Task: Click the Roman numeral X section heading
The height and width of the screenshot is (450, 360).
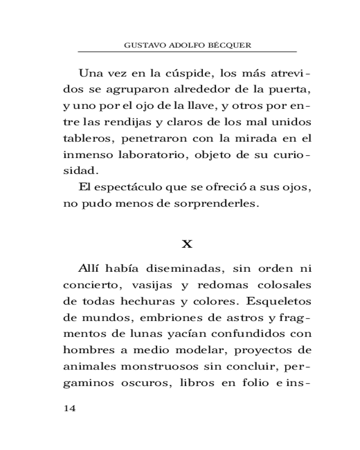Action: click(187, 244)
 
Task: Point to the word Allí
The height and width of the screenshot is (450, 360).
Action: click(88, 269)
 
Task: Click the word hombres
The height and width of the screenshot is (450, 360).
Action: click(87, 351)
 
